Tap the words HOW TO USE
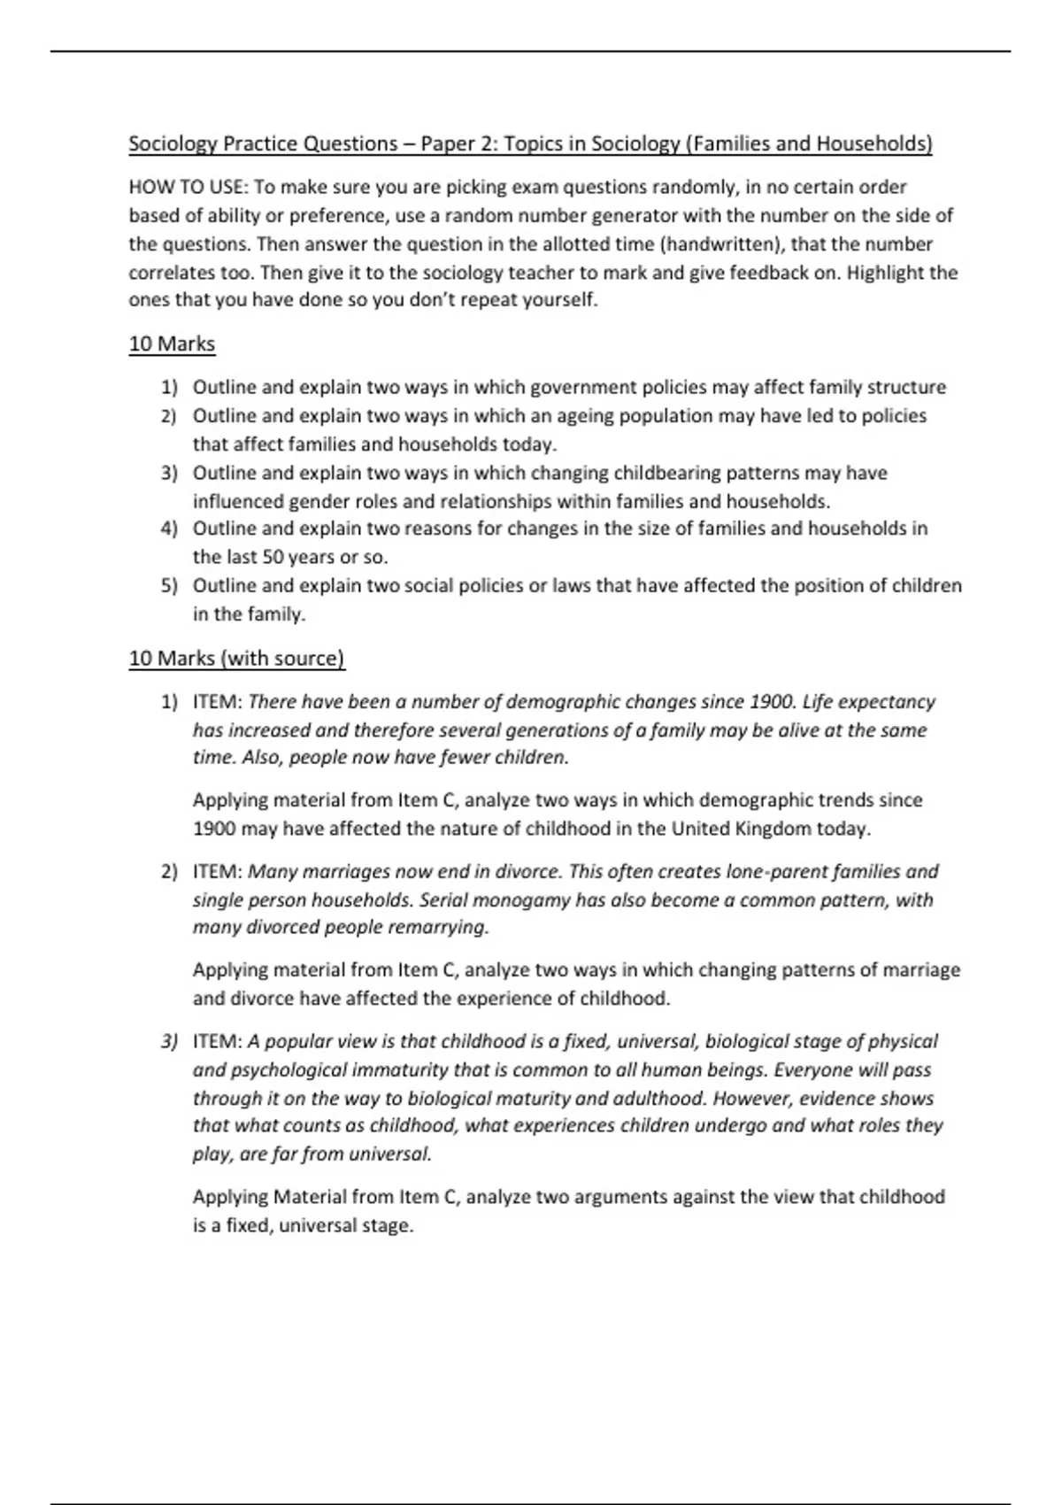pyautogui.click(x=188, y=187)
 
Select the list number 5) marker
pyautogui.click(x=169, y=586)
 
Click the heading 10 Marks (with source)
pyautogui.click(x=236, y=658)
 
